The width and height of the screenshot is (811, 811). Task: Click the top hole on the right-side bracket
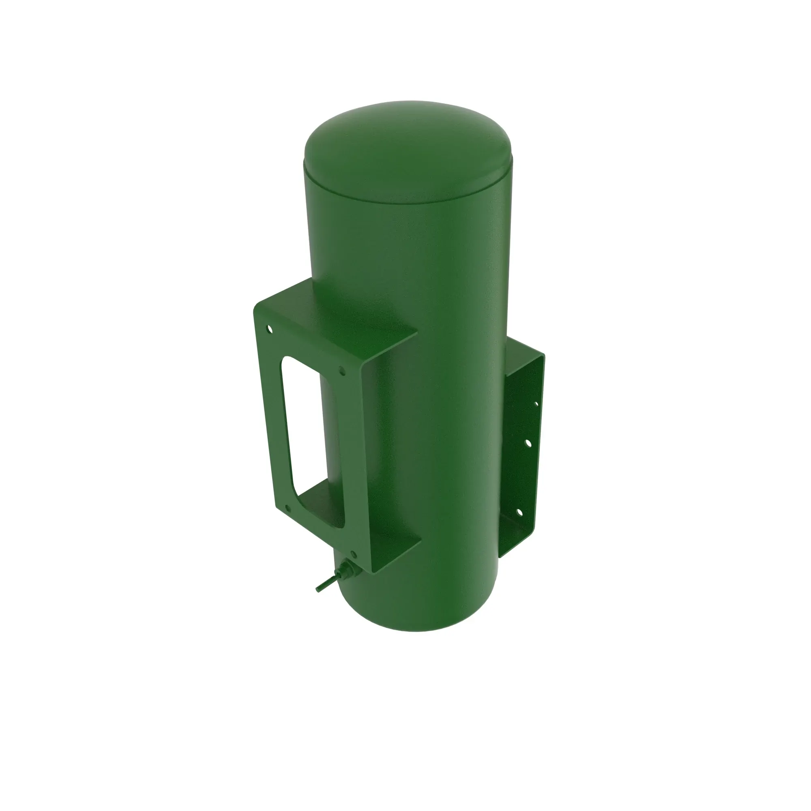click(x=536, y=404)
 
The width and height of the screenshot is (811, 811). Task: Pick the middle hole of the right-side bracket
click(x=528, y=443)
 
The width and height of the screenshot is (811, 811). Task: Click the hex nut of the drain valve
click(x=347, y=571)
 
